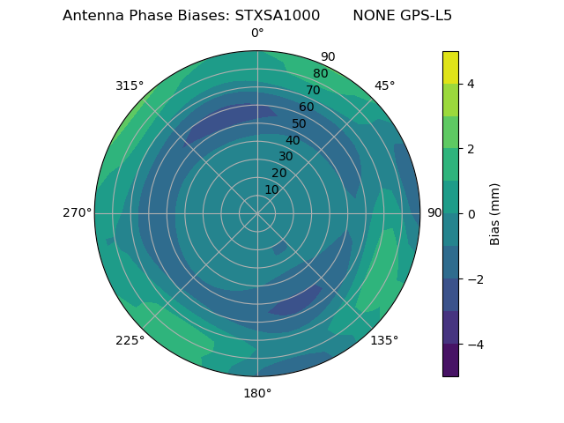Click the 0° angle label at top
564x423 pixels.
point(257,33)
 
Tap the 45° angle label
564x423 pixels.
point(384,85)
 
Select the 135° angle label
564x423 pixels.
point(384,340)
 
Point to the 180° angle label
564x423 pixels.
point(257,393)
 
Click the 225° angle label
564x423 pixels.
point(130,340)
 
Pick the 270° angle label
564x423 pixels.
point(77,212)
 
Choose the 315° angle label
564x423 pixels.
point(130,85)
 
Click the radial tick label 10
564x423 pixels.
point(272,189)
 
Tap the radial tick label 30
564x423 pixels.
point(286,157)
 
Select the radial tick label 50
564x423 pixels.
point(300,124)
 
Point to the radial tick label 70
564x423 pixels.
point(314,91)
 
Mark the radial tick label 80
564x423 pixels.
point(321,74)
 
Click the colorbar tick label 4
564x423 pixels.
point(471,84)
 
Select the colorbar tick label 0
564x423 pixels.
point(471,214)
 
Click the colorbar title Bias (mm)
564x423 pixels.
point(495,214)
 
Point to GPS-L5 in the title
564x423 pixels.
point(427,16)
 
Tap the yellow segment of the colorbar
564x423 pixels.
point(450,67)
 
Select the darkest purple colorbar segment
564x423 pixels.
point(450,360)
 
